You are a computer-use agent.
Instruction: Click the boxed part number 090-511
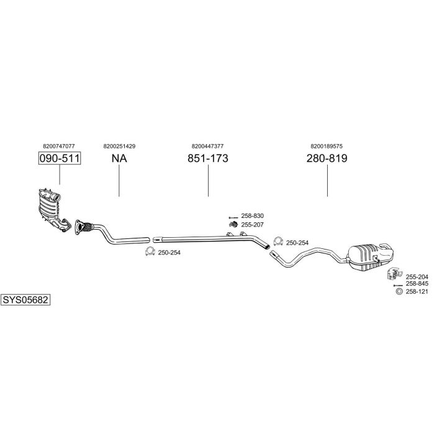coord(60,159)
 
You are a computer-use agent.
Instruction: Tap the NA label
coord(119,159)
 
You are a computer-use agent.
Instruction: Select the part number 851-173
coord(208,159)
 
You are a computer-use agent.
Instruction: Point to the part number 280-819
coord(327,159)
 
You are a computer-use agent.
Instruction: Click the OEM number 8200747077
coord(60,146)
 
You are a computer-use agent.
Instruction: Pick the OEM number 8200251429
coord(119,146)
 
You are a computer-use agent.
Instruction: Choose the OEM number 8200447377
coord(208,146)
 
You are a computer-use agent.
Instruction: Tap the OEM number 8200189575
coord(327,146)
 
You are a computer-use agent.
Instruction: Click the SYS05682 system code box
coord(25,299)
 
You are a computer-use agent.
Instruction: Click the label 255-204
coord(417,276)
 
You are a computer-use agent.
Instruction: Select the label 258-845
coord(417,284)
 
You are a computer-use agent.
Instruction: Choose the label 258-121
coord(417,292)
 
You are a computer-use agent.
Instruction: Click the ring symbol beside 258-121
coord(399,292)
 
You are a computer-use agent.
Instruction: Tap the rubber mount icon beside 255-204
coord(392,274)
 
